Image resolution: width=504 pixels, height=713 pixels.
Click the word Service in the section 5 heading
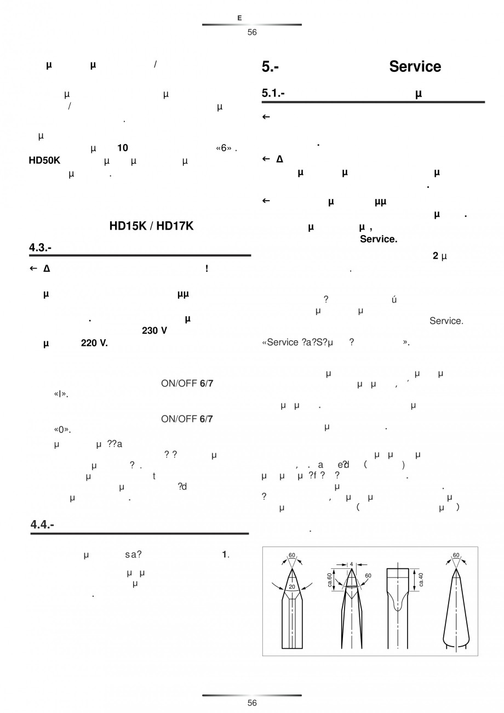[415, 67]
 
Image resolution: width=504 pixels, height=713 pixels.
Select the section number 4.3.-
[40, 248]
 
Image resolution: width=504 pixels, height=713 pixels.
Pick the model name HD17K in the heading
[175, 226]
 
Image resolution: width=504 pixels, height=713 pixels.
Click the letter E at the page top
[239, 18]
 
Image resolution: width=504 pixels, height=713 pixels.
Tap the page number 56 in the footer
[251, 703]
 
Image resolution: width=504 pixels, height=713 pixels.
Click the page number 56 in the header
[251, 32]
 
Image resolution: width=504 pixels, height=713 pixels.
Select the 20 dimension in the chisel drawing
[292, 586]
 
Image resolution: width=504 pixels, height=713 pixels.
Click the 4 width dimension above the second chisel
[351, 563]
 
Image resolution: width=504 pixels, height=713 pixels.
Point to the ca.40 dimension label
[421, 579]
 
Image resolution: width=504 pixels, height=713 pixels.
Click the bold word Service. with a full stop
[379, 239]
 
